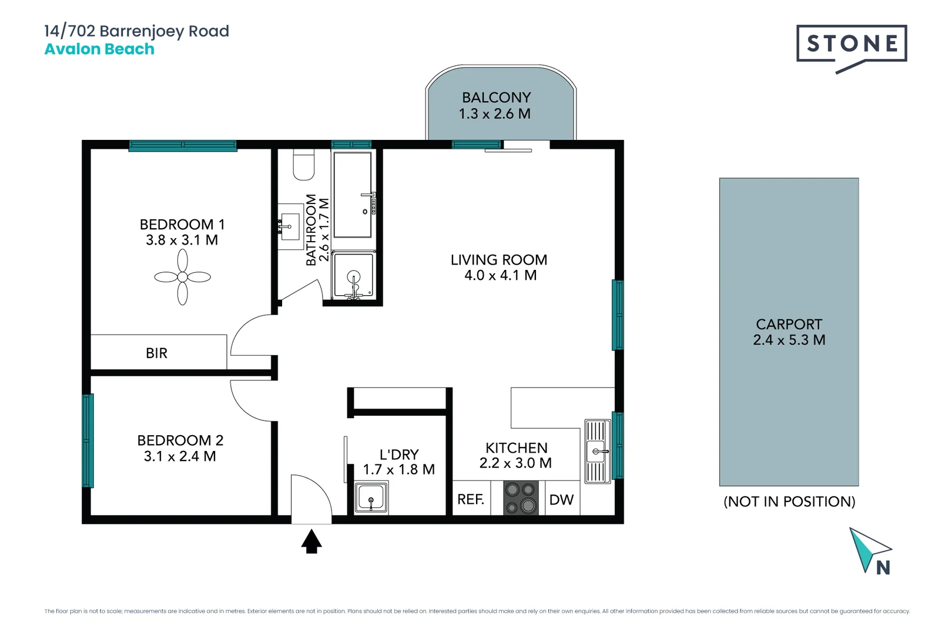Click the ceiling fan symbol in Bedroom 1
tap(182, 277)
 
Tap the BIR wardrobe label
tap(156, 353)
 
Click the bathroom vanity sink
tap(289, 226)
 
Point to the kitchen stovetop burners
tap(521, 497)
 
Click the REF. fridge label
tap(471, 500)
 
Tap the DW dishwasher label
tap(561, 500)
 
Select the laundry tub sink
tap(371, 497)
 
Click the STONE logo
tap(852, 44)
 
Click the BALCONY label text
tap(497, 98)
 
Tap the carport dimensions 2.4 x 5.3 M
tap(789, 340)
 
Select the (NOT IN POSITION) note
tap(789, 502)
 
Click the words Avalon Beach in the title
tap(99, 49)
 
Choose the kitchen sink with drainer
tap(598, 451)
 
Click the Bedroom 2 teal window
tap(88, 440)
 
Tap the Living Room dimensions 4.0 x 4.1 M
tap(500, 276)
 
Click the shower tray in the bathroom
tap(353, 275)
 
